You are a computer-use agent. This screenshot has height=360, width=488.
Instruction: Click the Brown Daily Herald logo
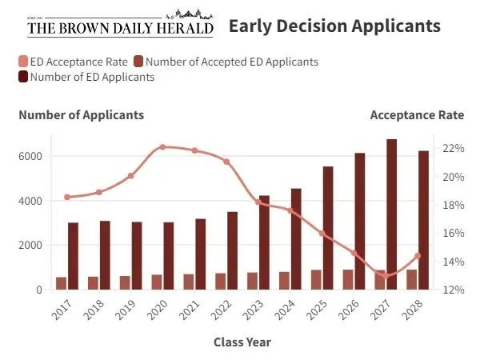[x=120, y=24]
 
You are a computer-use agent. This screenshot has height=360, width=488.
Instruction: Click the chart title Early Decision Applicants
[x=334, y=26]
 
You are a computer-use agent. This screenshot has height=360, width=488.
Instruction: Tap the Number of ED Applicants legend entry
[x=86, y=77]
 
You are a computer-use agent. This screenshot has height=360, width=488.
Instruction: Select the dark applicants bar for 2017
[x=73, y=256]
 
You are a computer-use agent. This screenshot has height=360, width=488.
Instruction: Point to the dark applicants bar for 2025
[x=328, y=228]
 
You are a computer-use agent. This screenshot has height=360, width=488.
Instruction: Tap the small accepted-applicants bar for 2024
[x=284, y=280]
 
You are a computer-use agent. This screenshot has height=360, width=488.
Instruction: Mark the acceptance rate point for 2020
[x=162, y=147]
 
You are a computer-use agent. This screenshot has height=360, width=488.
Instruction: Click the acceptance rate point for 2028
[x=417, y=256]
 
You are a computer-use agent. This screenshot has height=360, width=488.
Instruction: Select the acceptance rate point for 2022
[x=226, y=162]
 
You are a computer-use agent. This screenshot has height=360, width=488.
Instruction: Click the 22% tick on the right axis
[x=452, y=149]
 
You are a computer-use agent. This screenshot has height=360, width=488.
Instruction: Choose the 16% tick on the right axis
[x=452, y=234]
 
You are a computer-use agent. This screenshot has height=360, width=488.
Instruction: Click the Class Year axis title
[x=242, y=342]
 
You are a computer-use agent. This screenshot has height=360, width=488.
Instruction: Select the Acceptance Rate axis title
[x=416, y=115]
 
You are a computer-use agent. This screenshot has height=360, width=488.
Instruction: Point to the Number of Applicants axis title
[x=82, y=115]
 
